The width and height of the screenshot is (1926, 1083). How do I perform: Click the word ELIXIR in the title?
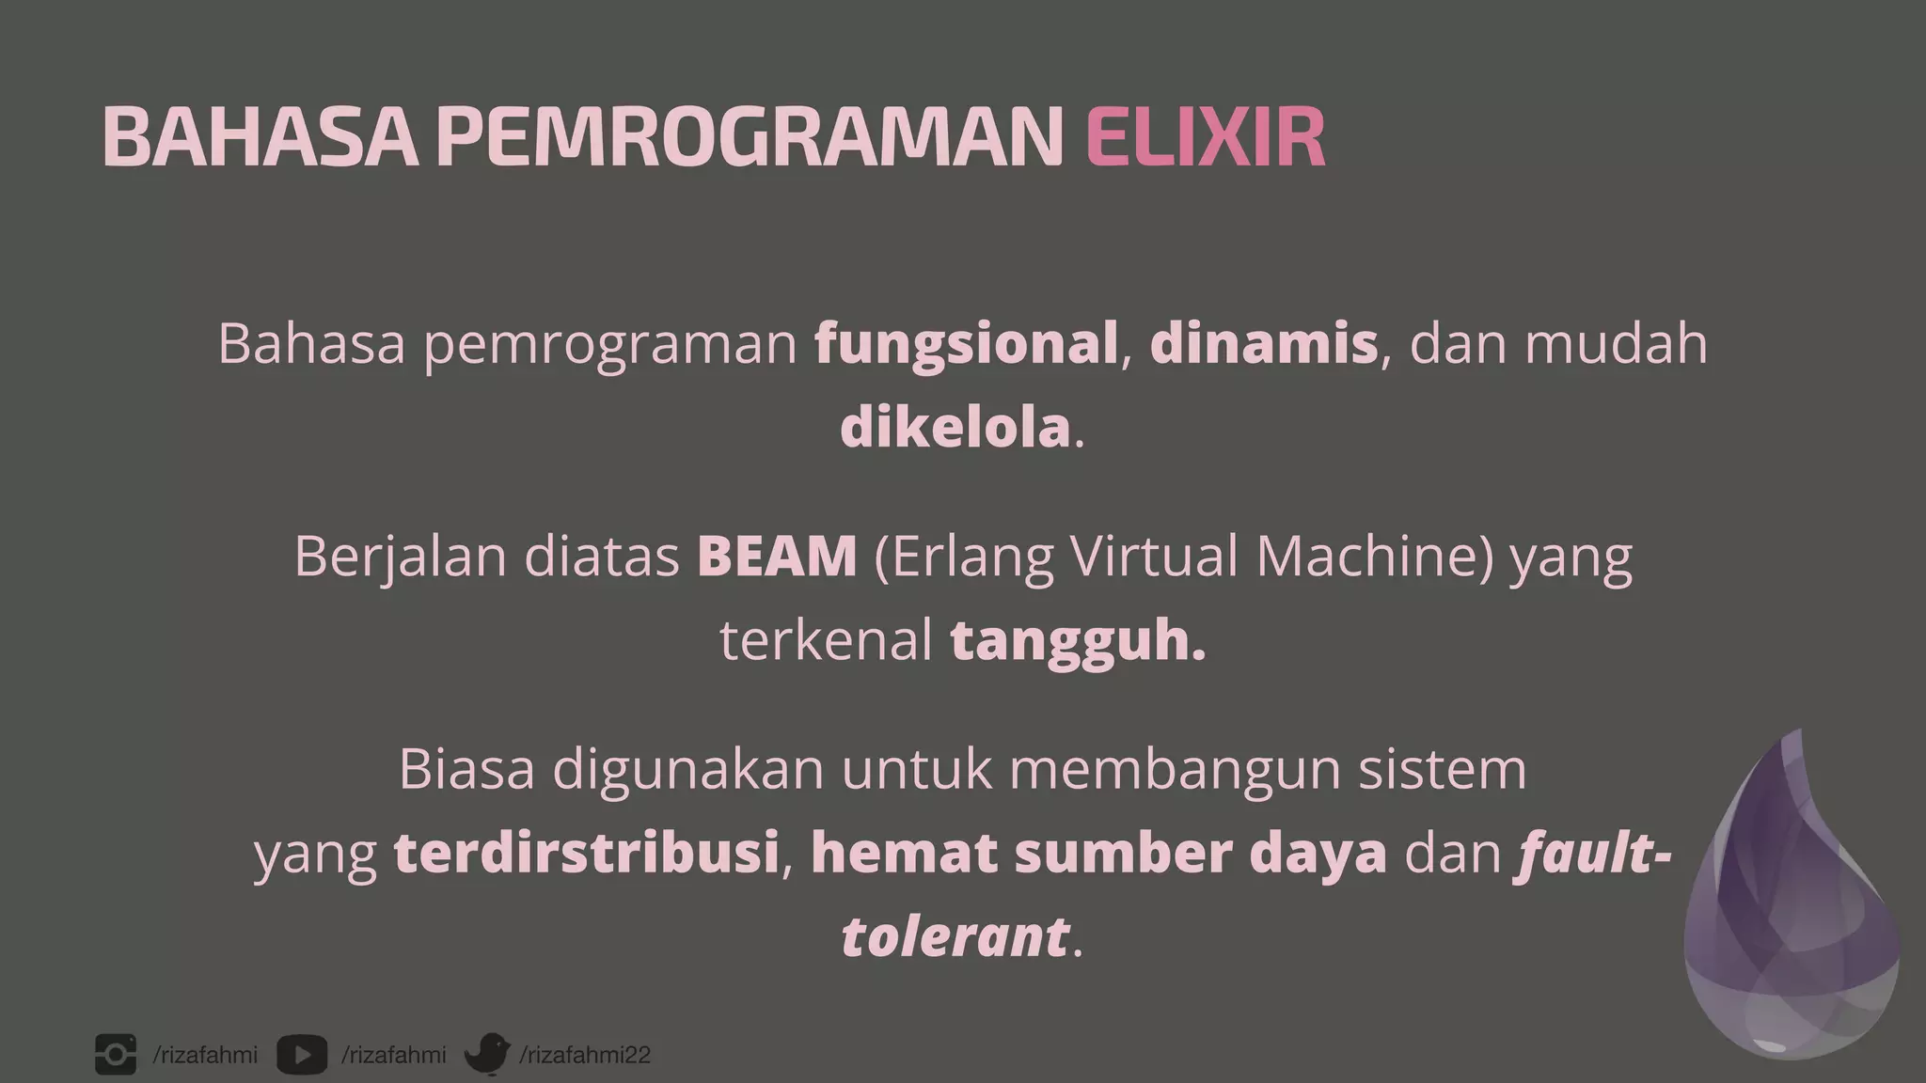[1205, 137]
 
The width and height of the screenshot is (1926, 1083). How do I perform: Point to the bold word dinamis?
[1263, 343]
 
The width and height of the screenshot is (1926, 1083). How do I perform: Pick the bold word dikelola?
[955, 428]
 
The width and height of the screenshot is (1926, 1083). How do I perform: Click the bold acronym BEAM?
[777, 556]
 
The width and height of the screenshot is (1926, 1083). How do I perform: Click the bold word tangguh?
[1078, 642]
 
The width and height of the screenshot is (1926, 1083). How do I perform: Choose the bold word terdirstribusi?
[586, 854]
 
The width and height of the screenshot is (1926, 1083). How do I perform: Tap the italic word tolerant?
[955, 937]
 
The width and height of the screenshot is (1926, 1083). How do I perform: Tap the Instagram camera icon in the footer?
[116, 1055]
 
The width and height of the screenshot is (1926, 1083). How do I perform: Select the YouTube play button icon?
[302, 1055]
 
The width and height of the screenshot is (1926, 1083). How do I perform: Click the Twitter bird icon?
[487, 1054]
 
